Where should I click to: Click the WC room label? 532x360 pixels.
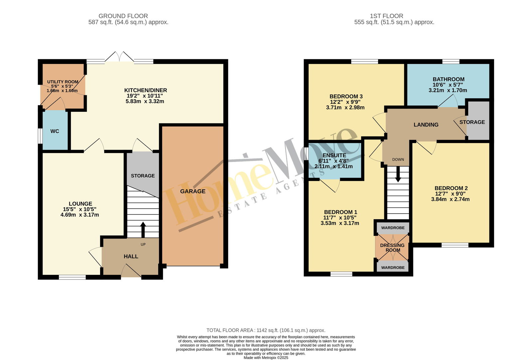click(x=55, y=131)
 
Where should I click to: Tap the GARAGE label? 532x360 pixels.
click(x=193, y=191)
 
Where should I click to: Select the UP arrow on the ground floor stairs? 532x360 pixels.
click(x=143, y=230)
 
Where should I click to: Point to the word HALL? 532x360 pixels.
click(x=131, y=257)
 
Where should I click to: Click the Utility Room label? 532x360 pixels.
click(x=63, y=82)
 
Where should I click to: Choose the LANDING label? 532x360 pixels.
click(x=426, y=125)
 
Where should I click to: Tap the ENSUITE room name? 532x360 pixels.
click(x=334, y=155)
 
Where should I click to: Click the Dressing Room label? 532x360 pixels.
click(x=392, y=248)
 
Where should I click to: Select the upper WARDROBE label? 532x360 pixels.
click(x=393, y=228)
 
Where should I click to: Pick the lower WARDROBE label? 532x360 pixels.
click(x=393, y=268)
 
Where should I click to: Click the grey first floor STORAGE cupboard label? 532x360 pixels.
click(x=472, y=122)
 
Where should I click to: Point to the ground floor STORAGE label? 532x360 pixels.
click(x=143, y=176)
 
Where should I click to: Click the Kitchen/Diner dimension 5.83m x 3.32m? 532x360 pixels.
click(x=145, y=101)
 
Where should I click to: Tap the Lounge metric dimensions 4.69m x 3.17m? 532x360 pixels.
click(x=80, y=215)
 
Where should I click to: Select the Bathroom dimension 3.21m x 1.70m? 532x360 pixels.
click(x=448, y=90)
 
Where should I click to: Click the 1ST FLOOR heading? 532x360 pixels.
click(x=386, y=16)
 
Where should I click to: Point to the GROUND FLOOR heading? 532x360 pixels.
click(x=123, y=16)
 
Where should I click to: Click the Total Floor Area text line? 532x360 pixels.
click(x=266, y=330)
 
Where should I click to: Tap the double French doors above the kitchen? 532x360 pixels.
click(x=119, y=57)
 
